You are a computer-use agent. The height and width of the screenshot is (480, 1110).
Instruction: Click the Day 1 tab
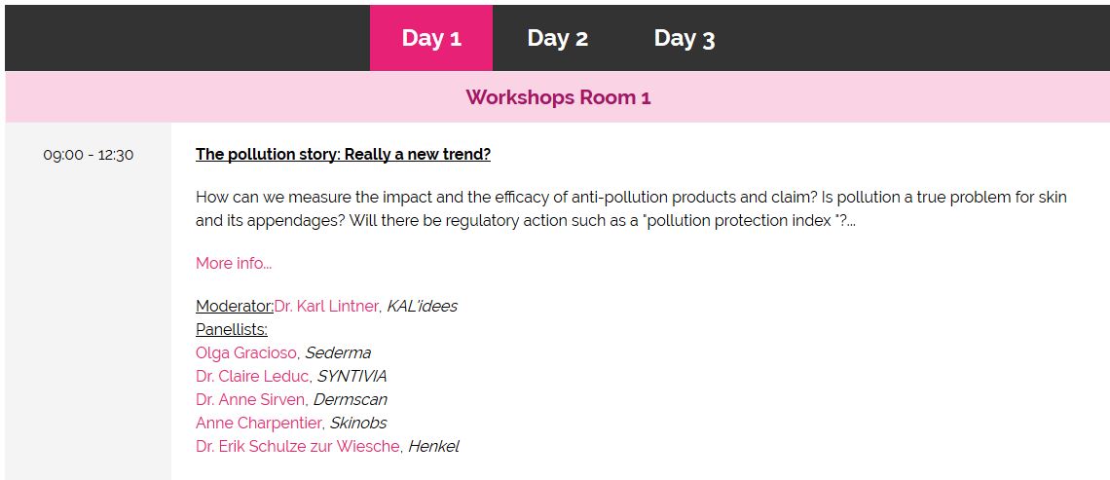tap(431, 38)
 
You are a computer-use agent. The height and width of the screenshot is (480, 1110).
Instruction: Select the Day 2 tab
tap(557, 38)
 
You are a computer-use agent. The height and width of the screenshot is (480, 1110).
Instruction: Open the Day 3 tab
tap(684, 38)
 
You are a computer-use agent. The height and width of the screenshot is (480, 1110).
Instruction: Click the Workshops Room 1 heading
tap(558, 97)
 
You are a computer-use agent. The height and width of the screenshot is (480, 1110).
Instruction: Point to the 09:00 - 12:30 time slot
tap(89, 155)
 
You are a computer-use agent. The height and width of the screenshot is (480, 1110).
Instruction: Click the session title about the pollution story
tap(344, 155)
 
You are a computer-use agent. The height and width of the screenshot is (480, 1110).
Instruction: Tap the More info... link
tap(234, 263)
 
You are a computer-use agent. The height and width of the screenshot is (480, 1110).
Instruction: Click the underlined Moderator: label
tap(235, 307)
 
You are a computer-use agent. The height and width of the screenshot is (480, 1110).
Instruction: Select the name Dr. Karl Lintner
tap(326, 307)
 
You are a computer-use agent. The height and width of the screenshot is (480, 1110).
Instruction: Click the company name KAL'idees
tap(422, 307)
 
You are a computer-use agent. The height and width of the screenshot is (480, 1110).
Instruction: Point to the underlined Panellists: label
tap(232, 330)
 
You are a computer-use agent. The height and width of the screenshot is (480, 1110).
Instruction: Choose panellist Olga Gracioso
tap(246, 352)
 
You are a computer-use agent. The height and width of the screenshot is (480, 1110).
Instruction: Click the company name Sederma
tap(338, 352)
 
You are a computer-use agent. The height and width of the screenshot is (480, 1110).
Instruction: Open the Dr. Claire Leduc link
tap(253, 376)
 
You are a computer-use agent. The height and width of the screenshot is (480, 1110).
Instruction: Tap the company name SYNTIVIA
tap(351, 376)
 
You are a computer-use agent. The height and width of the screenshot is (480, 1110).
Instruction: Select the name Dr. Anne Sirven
tap(250, 399)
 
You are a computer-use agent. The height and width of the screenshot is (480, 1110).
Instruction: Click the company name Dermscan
tap(351, 399)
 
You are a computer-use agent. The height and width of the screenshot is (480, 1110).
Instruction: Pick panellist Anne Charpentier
tap(259, 423)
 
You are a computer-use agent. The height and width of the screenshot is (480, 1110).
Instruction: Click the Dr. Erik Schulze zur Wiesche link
tap(298, 446)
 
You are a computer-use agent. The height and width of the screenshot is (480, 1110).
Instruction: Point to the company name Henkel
tap(433, 446)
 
